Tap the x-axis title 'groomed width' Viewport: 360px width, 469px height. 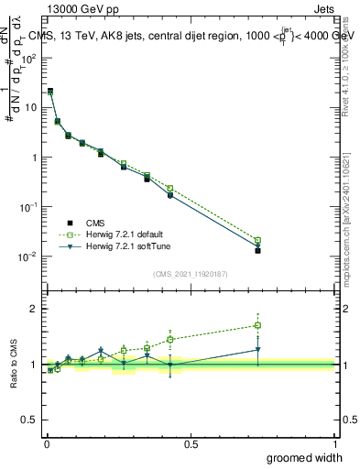(x=304, y=457)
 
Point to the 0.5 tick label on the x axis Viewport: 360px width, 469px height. (x=191, y=444)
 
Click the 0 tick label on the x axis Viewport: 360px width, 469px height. (x=47, y=444)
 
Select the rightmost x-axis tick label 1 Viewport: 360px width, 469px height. (x=334, y=444)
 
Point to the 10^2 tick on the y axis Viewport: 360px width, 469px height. (x=28, y=58)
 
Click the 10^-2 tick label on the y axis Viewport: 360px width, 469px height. (x=28, y=256)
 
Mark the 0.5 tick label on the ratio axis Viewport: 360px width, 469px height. (x=30, y=420)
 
